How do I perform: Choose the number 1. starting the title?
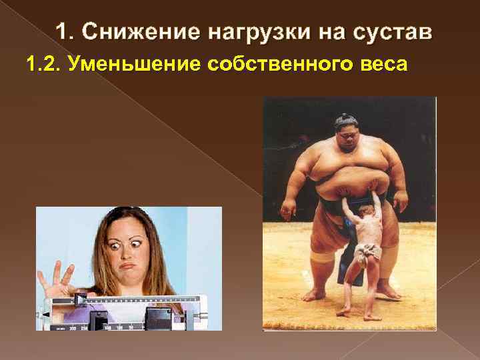[x=64, y=32]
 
